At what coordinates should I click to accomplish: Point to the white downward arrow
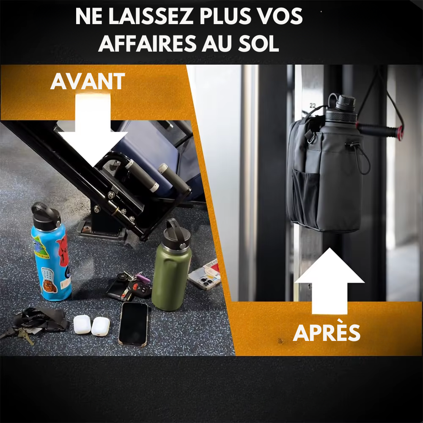click(x=93, y=129)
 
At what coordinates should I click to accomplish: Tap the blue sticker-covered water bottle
click(x=51, y=252)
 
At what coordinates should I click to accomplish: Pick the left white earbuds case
click(x=82, y=324)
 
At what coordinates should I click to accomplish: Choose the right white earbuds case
click(x=100, y=327)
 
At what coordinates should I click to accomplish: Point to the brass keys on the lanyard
click(x=26, y=336)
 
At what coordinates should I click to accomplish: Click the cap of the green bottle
click(x=177, y=233)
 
